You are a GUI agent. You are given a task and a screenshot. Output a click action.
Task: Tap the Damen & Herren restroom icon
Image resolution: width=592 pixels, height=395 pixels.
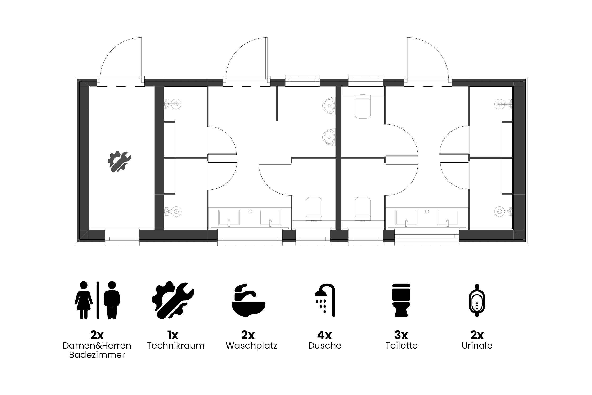[97, 300]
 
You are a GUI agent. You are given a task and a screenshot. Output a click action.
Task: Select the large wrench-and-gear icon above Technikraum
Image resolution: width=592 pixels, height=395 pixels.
[173, 300]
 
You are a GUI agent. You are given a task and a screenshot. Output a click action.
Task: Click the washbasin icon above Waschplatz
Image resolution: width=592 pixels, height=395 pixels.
[248, 300]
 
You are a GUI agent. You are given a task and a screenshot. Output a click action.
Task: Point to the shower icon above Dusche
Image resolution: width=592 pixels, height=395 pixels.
[325, 300]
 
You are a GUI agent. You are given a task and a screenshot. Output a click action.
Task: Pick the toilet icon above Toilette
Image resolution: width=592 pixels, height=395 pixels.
[401, 300]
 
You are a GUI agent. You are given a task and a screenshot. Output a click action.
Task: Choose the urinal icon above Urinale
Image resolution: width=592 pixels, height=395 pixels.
[477, 300]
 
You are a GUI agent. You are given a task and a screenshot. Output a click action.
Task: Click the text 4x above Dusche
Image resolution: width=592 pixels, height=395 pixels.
[324, 335]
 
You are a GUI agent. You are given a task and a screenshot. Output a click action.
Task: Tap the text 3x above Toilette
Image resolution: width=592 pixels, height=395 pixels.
[401, 335]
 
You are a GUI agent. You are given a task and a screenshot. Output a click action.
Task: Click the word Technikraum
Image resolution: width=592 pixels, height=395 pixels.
[176, 345]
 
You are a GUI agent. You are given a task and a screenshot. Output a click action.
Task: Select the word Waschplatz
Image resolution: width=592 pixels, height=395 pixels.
[251, 346]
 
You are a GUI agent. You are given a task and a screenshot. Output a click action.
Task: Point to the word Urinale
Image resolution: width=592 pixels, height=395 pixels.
[477, 345]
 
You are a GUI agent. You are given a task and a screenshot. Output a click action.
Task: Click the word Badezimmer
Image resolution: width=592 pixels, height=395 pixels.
[97, 355]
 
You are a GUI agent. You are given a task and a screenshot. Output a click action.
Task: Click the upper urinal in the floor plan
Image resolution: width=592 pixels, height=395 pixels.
[329, 105]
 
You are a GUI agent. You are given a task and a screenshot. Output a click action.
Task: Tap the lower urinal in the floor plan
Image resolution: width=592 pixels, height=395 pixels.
[329, 137]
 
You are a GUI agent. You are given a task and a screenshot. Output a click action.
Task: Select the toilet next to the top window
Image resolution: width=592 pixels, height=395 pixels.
[363, 107]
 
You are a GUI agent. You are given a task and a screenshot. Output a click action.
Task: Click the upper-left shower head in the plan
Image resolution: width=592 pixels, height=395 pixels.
[173, 104]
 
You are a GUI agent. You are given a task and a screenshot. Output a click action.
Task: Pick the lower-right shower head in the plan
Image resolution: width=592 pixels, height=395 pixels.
[503, 212]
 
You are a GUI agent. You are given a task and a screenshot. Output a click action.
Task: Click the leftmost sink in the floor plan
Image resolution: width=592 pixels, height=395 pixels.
[229, 217]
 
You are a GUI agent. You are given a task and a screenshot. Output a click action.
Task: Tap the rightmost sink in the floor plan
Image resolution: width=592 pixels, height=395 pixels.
[448, 217]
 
